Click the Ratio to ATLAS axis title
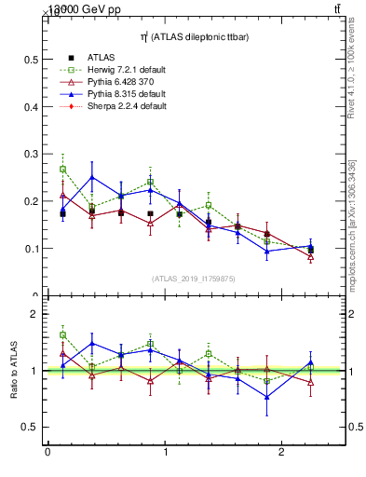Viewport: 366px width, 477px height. [x=14, y=371]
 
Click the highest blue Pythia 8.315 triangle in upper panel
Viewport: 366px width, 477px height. [x=91, y=177]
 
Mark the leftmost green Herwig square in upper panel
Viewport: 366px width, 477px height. [x=62, y=170]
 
